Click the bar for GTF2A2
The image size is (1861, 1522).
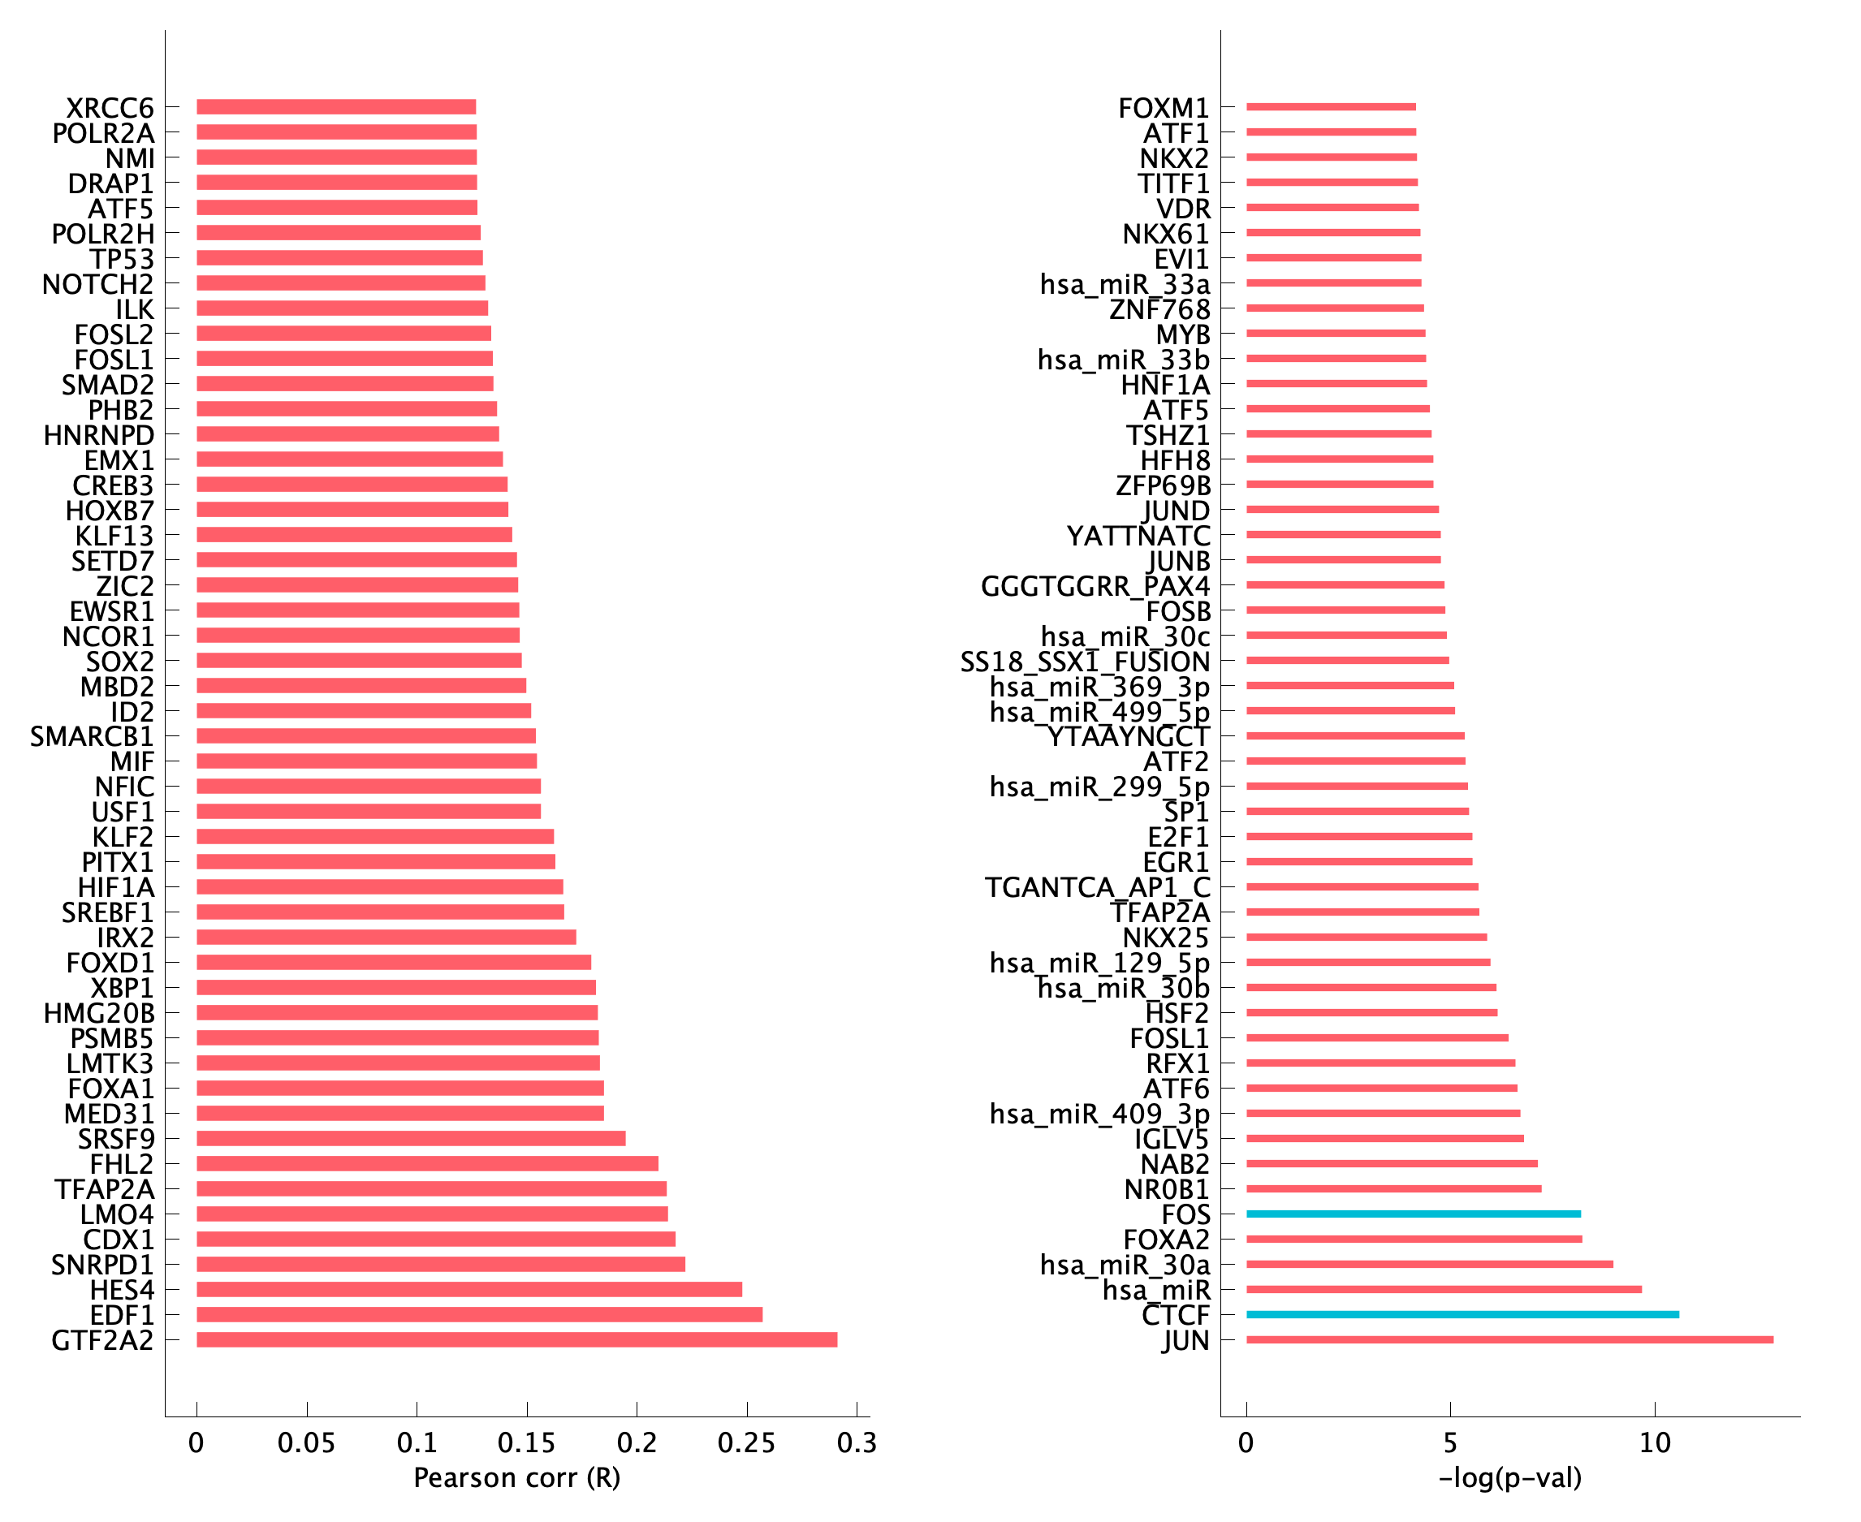point(516,1339)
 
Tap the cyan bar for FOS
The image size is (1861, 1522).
point(1412,1214)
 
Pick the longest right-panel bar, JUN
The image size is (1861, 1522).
point(1509,1339)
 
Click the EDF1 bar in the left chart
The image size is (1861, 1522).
point(479,1314)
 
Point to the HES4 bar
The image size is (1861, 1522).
point(468,1289)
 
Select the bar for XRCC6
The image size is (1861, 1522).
point(336,107)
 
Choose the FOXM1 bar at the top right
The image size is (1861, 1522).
point(1331,107)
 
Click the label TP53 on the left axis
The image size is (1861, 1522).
point(122,260)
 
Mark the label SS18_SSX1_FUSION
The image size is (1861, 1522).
point(1085,662)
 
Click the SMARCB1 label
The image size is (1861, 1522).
point(92,736)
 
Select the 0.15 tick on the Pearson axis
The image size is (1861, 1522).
point(526,1443)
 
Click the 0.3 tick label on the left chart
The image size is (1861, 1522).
point(856,1443)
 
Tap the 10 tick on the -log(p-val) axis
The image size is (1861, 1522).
point(1655,1443)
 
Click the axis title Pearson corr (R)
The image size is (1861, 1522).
point(516,1478)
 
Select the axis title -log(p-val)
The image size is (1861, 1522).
point(1510,1478)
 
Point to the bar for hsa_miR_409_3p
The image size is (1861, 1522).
point(1383,1114)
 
